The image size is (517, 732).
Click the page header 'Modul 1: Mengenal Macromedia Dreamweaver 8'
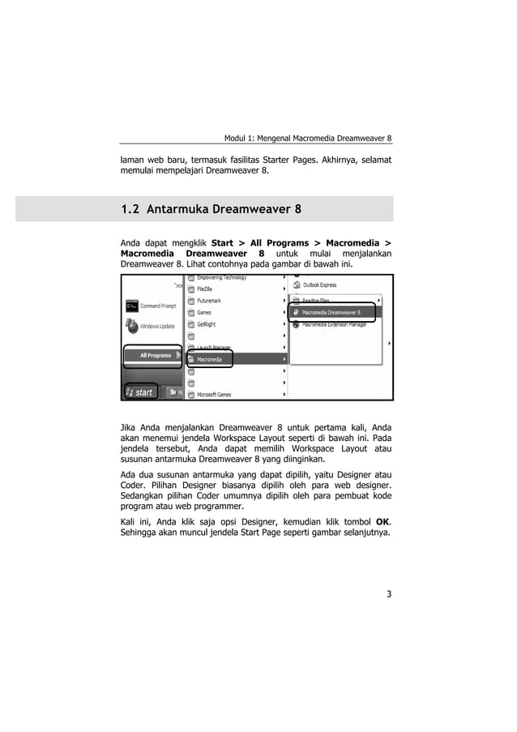(x=307, y=138)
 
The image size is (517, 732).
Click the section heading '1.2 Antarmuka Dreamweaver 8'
(x=211, y=209)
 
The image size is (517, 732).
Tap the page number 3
(x=388, y=593)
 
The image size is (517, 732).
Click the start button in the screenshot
(x=139, y=392)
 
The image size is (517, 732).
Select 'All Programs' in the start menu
(x=155, y=355)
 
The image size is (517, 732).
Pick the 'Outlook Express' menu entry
(x=319, y=285)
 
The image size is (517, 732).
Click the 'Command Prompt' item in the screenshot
(x=157, y=306)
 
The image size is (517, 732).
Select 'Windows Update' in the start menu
(x=156, y=327)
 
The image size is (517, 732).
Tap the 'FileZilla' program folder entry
(x=207, y=289)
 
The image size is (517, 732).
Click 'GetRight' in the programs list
(x=207, y=324)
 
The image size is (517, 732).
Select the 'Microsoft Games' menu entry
(x=214, y=395)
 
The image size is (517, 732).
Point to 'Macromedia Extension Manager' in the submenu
(x=334, y=323)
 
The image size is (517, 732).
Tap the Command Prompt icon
(x=131, y=306)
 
